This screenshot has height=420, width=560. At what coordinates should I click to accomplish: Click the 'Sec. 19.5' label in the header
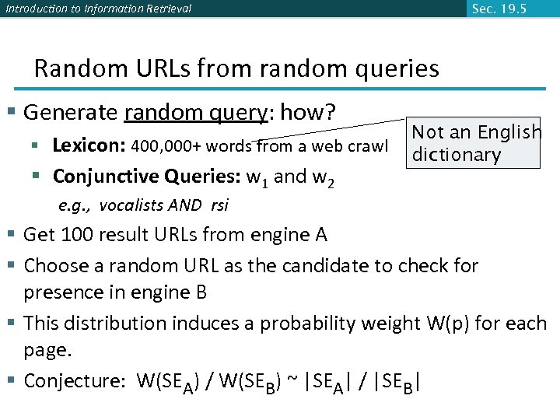point(499,9)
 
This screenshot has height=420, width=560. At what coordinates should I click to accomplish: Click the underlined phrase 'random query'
point(194,113)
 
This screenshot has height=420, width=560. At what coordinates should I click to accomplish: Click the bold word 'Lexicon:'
point(89,145)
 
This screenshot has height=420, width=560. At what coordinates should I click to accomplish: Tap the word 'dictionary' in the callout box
point(456,155)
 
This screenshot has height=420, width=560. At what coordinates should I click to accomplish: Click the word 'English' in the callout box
point(509,133)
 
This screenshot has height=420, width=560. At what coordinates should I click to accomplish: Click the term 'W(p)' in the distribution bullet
point(450,323)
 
